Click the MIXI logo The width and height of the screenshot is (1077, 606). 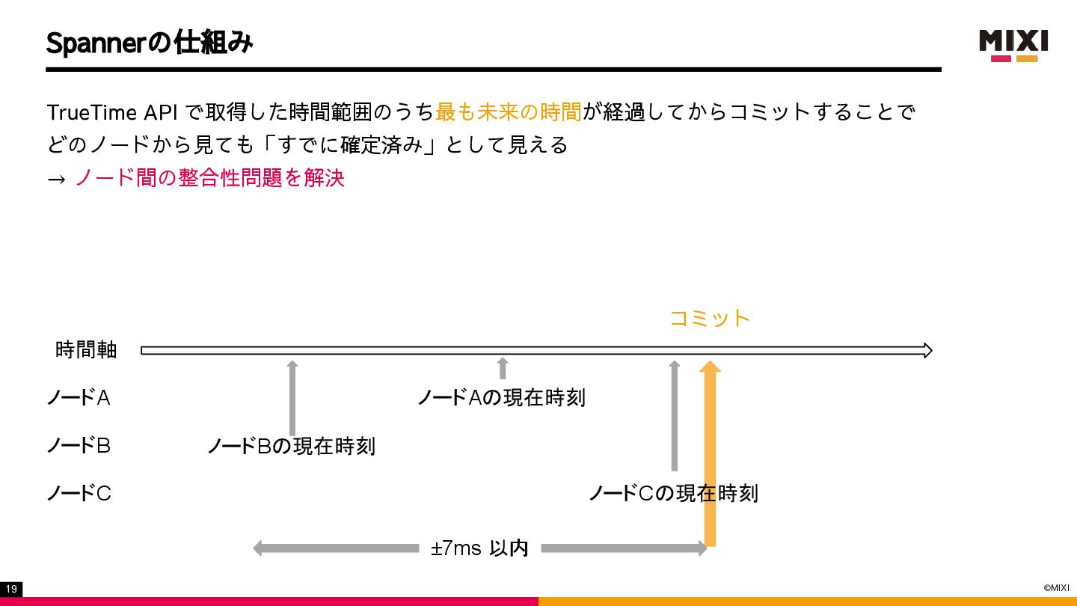click(x=1014, y=45)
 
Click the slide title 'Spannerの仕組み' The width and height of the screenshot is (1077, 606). click(x=150, y=43)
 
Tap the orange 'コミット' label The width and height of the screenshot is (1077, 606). click(x=709, y=319)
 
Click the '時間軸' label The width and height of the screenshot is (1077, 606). click(x=86, y=350)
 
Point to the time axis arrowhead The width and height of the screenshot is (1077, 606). click(x=927, y=350)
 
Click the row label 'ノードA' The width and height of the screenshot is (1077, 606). click(x=79, y=398)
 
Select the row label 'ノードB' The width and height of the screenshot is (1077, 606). click(x=79, y=446)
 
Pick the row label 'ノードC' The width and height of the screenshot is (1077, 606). click(x=79, y=494)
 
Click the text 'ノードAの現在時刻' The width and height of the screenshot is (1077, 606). click(x=501, y=398)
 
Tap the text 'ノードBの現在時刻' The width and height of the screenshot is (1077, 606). click(x=291, y=447)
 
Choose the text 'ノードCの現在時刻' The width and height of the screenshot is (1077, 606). click(x=673, y=494)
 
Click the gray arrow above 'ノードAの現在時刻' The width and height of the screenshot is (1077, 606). click(x=503, y=368)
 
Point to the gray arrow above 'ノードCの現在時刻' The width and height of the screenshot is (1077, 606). click(x=674, y=415)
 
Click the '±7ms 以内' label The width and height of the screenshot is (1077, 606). click(x=479, y=548)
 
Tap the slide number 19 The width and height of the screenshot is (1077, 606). click(x=11, y=590)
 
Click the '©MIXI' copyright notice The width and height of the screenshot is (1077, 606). click(x=1056, y=588)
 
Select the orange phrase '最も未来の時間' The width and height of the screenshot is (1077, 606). click(x=508, y=112)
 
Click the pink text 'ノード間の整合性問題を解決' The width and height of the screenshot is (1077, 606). click(x=209, y=178)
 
